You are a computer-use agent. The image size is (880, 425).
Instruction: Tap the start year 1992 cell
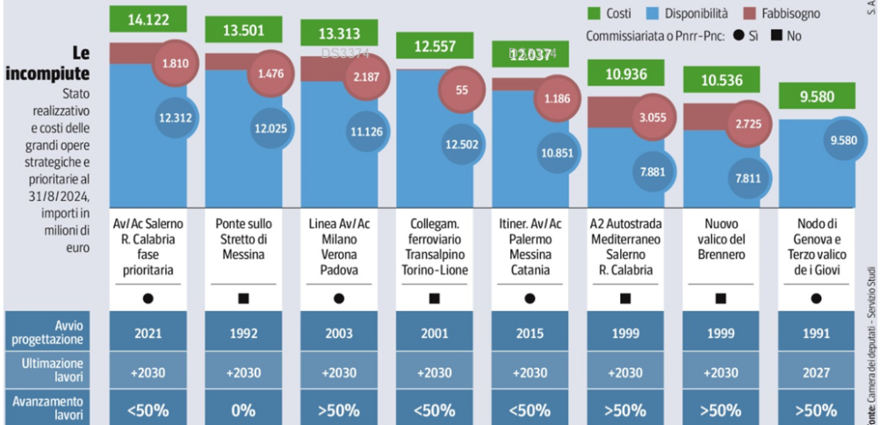[242, 331]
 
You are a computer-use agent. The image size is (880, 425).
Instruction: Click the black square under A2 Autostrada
[625, 299]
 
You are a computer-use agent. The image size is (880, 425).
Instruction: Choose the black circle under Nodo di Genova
[816, 299]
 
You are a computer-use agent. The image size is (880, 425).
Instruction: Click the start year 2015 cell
[530, 331]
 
